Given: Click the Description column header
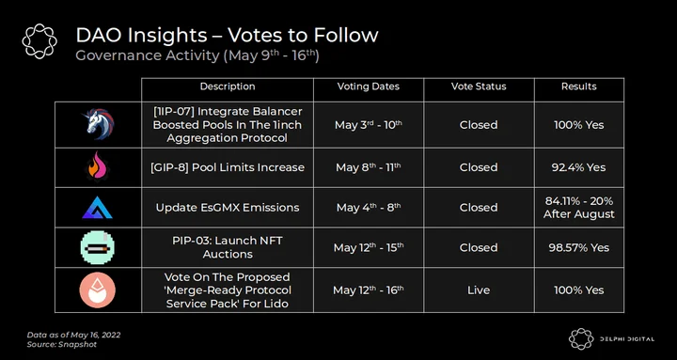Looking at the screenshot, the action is pyautogui.click(x=228, y=86).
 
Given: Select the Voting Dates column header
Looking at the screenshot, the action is pyautogui.click(x=369, y=86).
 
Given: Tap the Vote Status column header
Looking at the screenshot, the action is pyautogui.click(x=479, y=86).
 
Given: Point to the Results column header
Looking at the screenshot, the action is pyautogui.click(x=579, y=86).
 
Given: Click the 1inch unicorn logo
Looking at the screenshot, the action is pyautogui.click(x=98, y=124).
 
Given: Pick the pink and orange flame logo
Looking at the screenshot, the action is pyautogui.click(x=97, y=166).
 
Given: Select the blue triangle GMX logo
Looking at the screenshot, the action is pyautogui.click(x=97, y=207).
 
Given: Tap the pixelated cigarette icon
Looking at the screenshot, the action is pyautogui.click(x=98, y=247).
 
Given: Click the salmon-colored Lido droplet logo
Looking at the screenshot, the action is pyautogui.click(x=98, y=290).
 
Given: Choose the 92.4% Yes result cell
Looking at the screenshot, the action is pyautogui.click(x=579, y=167).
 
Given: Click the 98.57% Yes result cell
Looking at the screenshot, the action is pyautogui.click(x=579, y=248).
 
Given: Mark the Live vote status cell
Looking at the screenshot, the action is pyautogui.click(x=479, y=290).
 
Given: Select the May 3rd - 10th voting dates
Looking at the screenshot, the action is pyautogui.click(x=369, y=125).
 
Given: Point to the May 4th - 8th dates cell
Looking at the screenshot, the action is pyautogui.click(x=369, y=208).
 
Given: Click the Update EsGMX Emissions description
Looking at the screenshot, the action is pyautogui.click(x=228, y=208).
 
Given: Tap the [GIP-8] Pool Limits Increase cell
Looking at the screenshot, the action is pyautogui.click(x=228, y=167).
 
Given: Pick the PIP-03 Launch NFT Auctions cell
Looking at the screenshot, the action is pyautogui.click(x=228, y=247).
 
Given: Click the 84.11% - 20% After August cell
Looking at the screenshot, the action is pyautogui.click(x=579, y=208).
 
